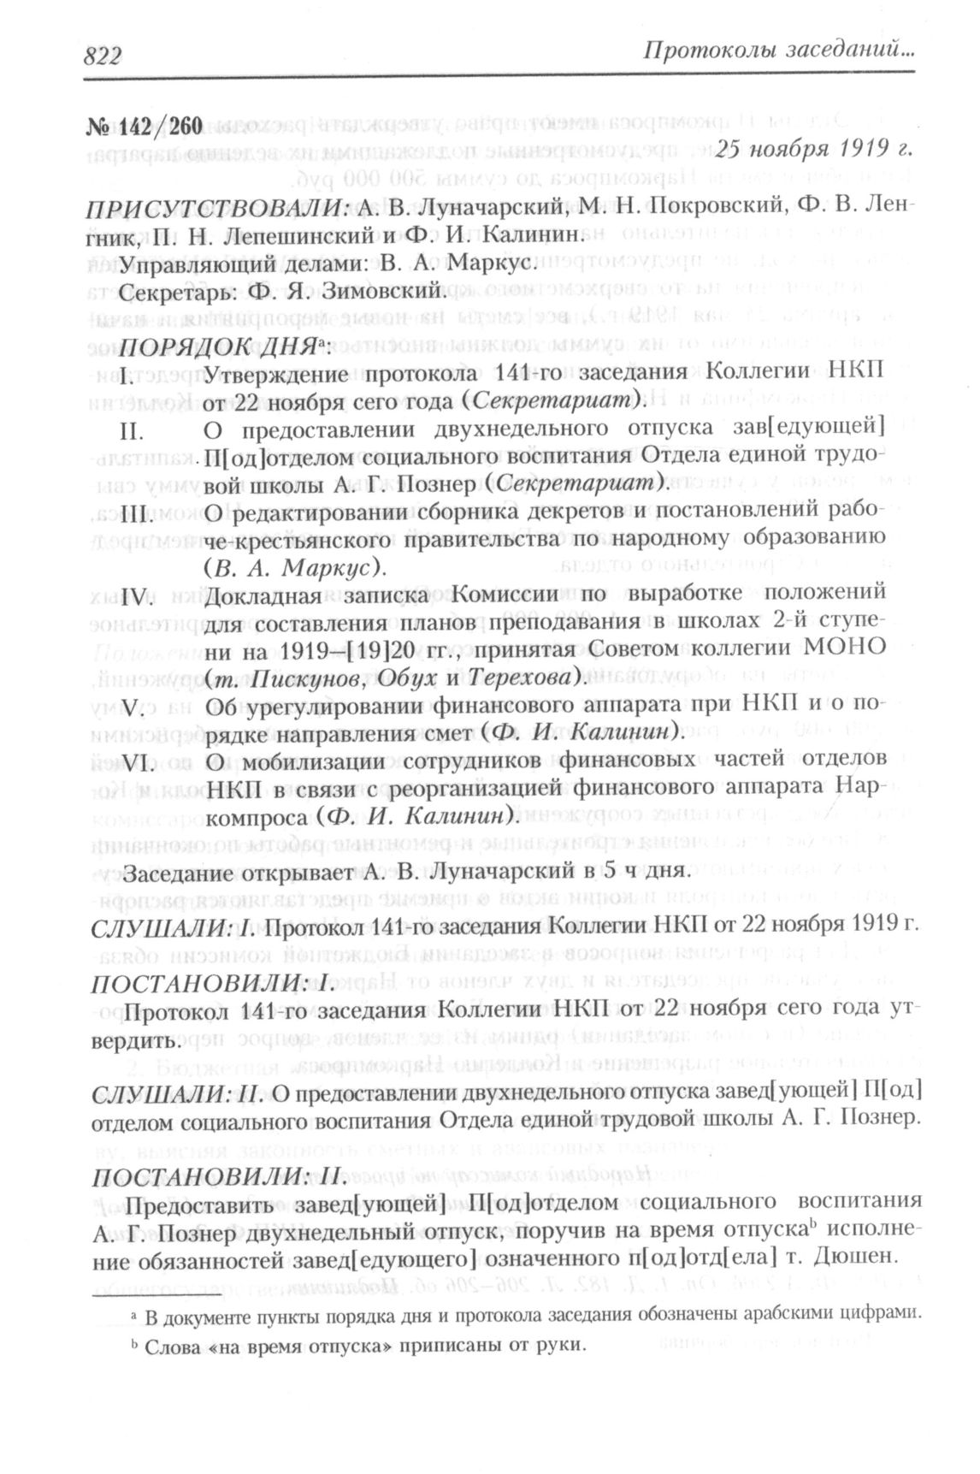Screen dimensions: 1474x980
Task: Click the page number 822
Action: (x=103, y=56)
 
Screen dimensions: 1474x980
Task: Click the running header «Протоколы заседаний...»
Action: (x=778, y=53)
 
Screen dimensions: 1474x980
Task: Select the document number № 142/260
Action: (x=145, y=127)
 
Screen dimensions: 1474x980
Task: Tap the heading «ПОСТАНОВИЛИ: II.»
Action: (x=217, y=1177)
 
